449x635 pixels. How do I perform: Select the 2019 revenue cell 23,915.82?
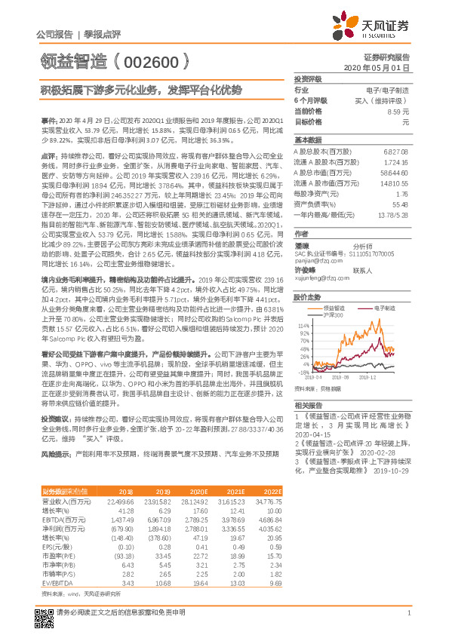pos(159,501)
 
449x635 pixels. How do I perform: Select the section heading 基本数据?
pos(307,140)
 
